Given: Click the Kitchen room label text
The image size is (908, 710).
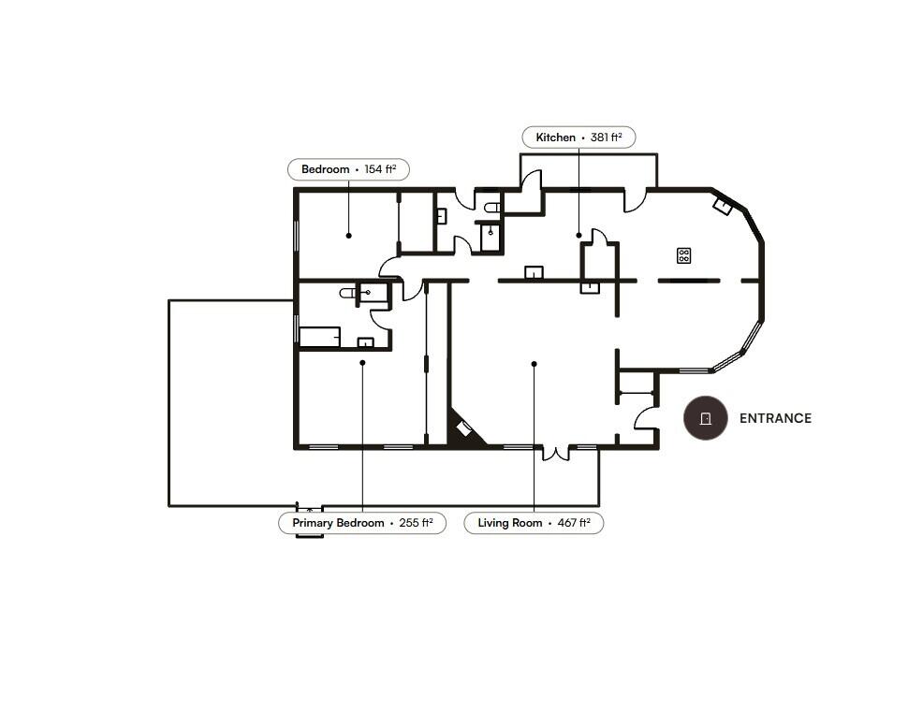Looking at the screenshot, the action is pos(555,138).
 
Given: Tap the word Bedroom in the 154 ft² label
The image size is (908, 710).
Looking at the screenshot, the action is pos(326,169).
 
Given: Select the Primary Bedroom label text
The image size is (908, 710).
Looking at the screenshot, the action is pos(338,523).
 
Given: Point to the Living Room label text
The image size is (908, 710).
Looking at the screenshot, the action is pos(510,523).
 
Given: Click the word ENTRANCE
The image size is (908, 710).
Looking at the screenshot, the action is pos(775,418).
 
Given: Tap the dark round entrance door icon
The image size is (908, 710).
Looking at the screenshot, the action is pos(705,418).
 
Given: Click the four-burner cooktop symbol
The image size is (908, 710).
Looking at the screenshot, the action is pos(684,255).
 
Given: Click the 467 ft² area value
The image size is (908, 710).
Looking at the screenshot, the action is pos(574,523).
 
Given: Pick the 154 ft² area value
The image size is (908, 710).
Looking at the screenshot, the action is pos(380,169).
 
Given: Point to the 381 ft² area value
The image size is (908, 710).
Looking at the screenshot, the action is pos(607,138).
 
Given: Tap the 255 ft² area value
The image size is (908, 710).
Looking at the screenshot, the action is pos(416,523).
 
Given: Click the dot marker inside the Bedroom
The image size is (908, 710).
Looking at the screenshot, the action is pos(348,236).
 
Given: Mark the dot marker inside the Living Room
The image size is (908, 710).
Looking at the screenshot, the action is pos(534,364).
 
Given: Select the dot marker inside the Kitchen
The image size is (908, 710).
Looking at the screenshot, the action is pos(578,236).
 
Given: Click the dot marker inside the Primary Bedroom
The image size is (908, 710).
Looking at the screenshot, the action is pos(362,363).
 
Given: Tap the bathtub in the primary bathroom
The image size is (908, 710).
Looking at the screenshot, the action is pos(319,338).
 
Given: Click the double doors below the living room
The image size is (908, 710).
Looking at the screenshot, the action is pos(556,453).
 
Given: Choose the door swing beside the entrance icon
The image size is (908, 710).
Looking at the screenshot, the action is pos(645,418).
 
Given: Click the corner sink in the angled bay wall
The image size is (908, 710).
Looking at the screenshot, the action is pos(722,206).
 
